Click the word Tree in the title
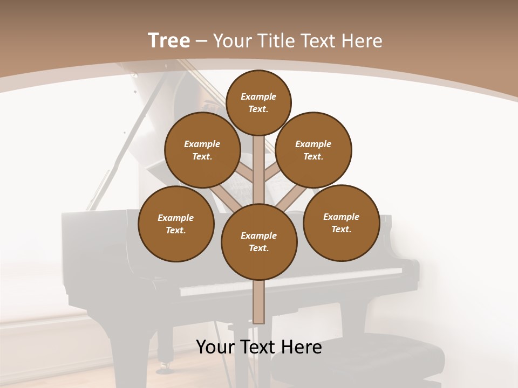pyautogui.click(x=169, y=41)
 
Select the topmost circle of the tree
pyautogui.click(x=258, y=102)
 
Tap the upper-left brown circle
pyautogui.click(x=202, y=150)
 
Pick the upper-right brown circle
pyautogui.click(x=313, y=150)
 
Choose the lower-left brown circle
pyautogui.click(x=176, y=224)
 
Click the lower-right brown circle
pyautogui.click(x=341, y=223)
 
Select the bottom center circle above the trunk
pyautogui.click(x=259, y=241)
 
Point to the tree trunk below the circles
pyautogui.click(x=259, y=302)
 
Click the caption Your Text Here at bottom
pyautogui.click(x=258, y=347)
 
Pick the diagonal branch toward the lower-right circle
pyautogui.click(x=286, y=200)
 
